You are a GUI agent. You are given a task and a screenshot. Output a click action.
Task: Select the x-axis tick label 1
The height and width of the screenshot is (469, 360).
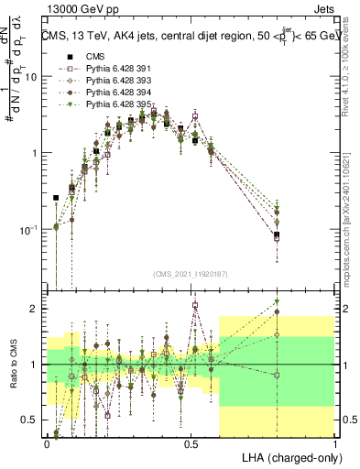click(335, 443)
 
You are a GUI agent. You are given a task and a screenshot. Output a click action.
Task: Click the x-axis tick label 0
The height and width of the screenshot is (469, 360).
click(48, 443)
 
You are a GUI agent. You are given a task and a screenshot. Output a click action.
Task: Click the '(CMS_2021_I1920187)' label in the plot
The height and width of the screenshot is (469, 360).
click(191, 273)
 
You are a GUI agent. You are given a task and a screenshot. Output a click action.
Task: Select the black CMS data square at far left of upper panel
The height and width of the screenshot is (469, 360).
click(57, 197)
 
